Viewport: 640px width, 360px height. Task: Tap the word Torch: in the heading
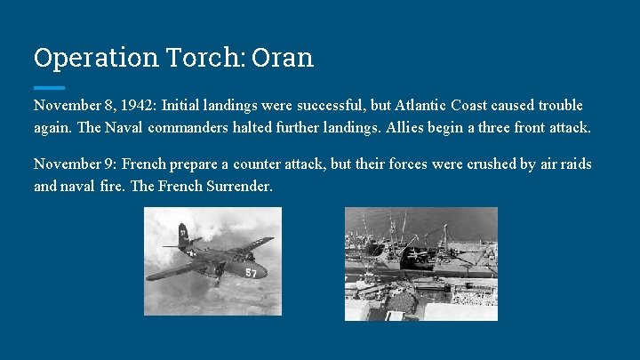click(200, 58)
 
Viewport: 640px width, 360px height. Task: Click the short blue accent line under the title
click(49, 88)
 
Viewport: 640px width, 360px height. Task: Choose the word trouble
click(558, 106)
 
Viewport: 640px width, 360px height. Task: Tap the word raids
click(573, 164)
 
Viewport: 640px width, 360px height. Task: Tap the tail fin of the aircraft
click(182, 236)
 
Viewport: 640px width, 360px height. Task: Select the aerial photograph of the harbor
click(420, 263)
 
